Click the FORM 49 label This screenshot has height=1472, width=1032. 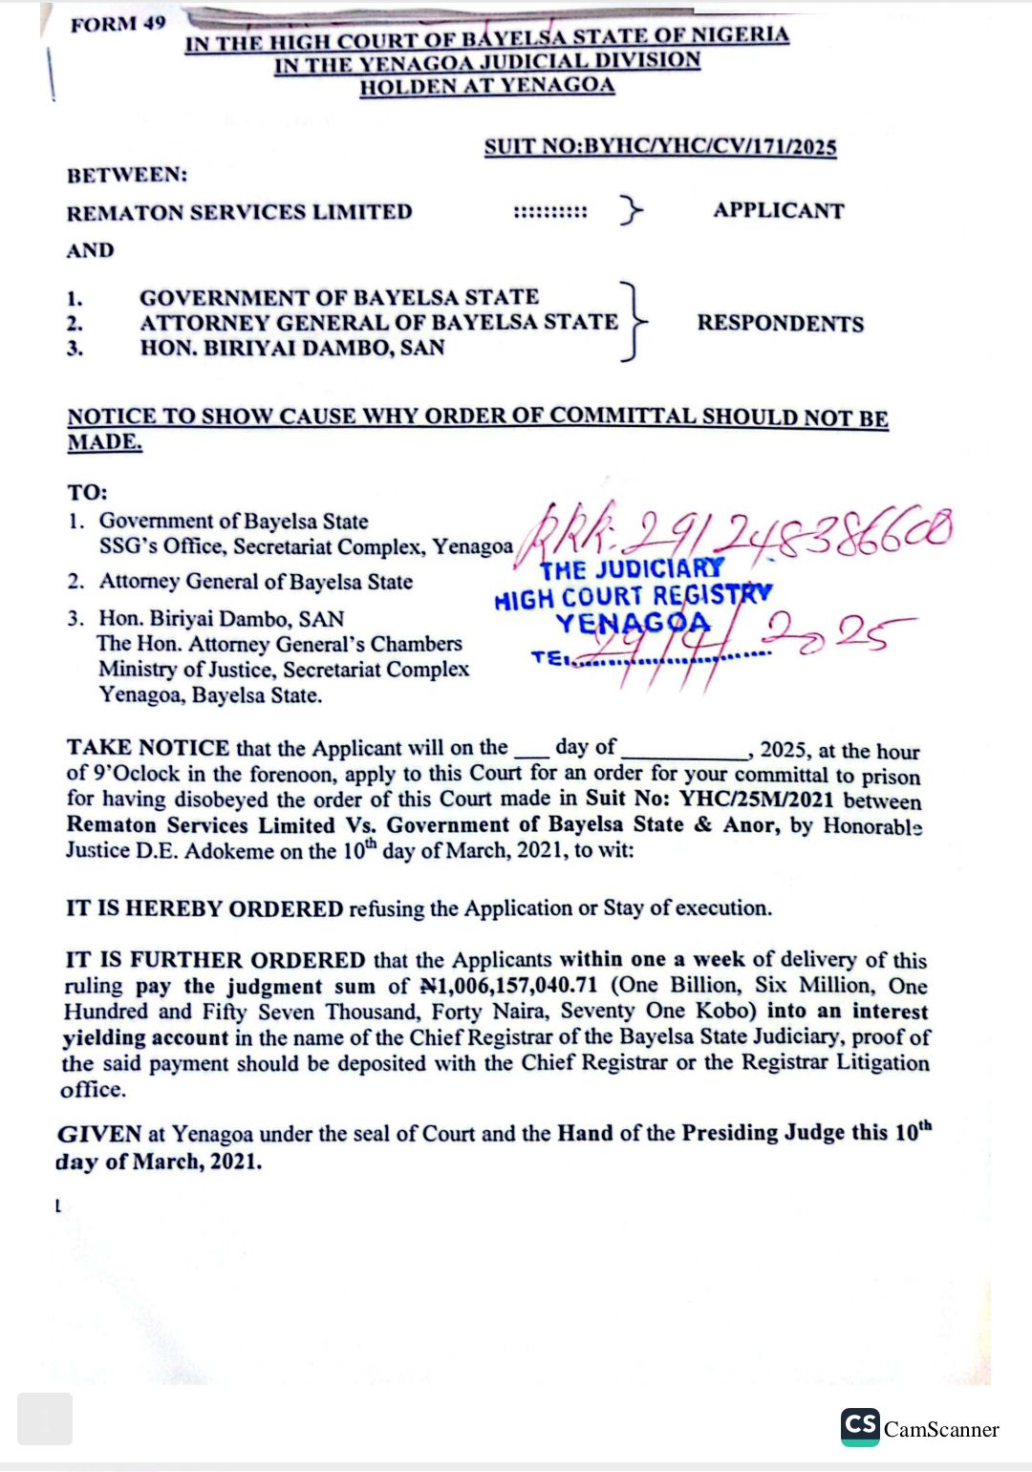(x=118, y=24)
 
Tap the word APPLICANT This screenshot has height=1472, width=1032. (x=779, y=210)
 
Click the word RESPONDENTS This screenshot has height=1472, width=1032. (x=780, y=323)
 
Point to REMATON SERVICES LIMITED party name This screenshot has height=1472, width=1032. (x=239, y=212)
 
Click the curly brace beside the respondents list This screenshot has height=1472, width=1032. (x=633, y=322)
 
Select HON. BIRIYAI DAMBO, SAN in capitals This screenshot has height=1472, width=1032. (x=292, y=348)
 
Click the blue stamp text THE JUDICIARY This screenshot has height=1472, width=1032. (x=632, y=569)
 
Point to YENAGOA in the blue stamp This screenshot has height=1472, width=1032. (x=634, y=624)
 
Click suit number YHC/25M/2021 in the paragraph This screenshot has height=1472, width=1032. (x=756, y=800)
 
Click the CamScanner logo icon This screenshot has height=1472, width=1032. (x=860, y=1427)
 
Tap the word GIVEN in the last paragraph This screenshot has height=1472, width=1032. (x=99, y=1134)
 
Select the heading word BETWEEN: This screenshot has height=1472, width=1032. (x=127, y=175)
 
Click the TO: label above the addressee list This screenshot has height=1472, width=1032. (x=87, y=493)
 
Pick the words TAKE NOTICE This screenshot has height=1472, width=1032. (x=148, y=747)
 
